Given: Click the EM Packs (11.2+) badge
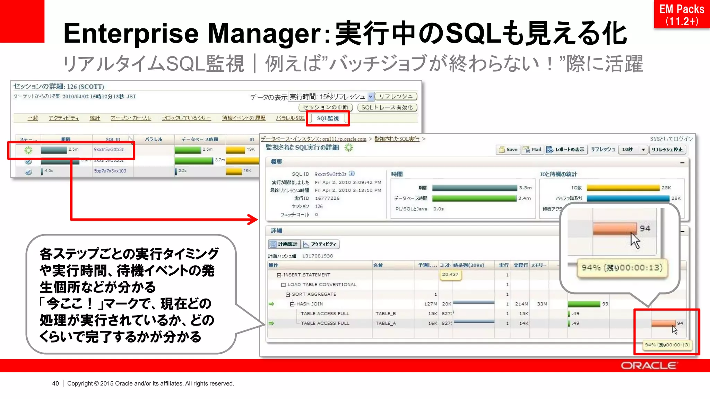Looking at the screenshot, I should click(x=681, y=15).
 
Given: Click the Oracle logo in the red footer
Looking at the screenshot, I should click(x=648, y=366).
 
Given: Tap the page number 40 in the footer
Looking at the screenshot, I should click(x=55, y=383).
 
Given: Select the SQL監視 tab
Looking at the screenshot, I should click(x=328, y=118).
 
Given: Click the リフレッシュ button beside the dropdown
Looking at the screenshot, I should click(x=396, y=96).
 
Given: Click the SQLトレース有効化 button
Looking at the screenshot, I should click(x=387, y=107).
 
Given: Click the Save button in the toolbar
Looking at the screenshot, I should click(x=508, y=150).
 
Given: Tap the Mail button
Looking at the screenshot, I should click(x=532, y=150).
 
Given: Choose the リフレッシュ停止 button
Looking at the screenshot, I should click(x=667, y=150).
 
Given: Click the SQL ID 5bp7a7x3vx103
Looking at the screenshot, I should click(x=110, y=171).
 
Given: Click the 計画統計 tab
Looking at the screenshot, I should click(x=284, y=244).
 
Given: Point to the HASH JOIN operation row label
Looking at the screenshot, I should click(x=309, y=304).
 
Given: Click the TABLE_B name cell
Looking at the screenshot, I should click(x=386, y=313).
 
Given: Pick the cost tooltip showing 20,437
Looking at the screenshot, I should click(x=450, y=274).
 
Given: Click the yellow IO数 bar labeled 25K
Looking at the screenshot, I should click(x=623, y=188).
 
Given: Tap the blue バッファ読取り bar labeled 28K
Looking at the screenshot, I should click(x=628, y=198).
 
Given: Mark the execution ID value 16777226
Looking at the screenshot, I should click(x=327, y=198).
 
